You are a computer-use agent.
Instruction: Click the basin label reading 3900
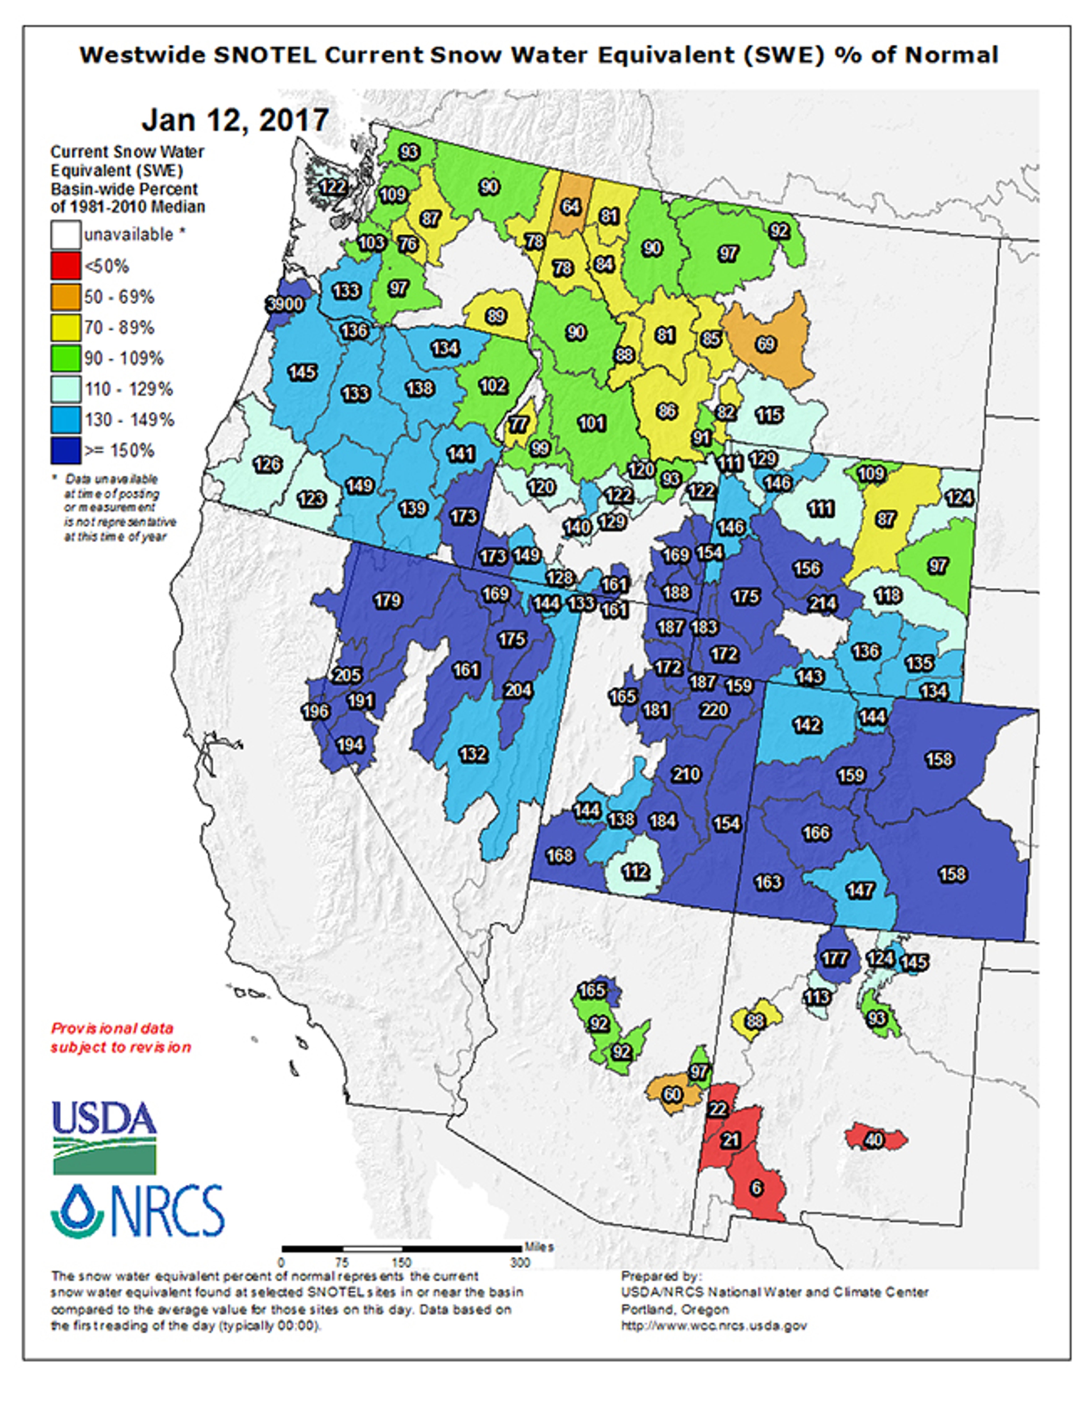[x=285, y=303]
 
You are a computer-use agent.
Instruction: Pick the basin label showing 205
[x=347, y=675]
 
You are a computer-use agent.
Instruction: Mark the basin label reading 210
[x=686, y=774]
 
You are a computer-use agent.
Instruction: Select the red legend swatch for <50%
[x=66, y=266]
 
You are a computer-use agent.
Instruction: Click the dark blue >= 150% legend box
[x=66, y=451]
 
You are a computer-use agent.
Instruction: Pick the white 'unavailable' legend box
[x=66, y=235]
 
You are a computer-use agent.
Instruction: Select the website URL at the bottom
[x=714, y=1326]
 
